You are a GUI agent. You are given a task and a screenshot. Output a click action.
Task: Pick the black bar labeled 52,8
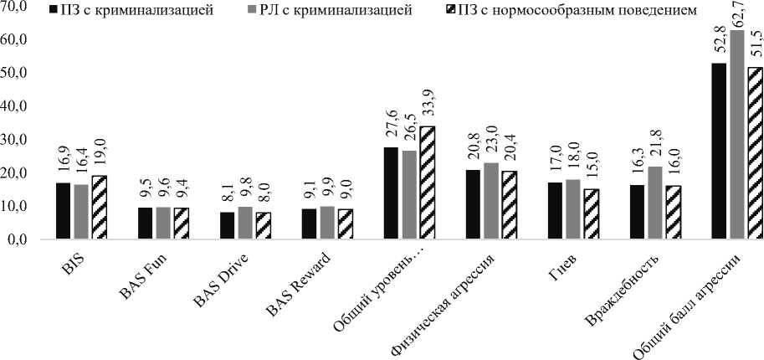(719, 152)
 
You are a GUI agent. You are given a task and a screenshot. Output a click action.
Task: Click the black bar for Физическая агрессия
(472, 205)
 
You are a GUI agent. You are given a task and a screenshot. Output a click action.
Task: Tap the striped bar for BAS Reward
(345, 224)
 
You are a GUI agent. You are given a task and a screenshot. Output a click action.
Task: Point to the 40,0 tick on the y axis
(16, 106)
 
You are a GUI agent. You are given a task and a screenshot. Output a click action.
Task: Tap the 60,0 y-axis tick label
(16, 40)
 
